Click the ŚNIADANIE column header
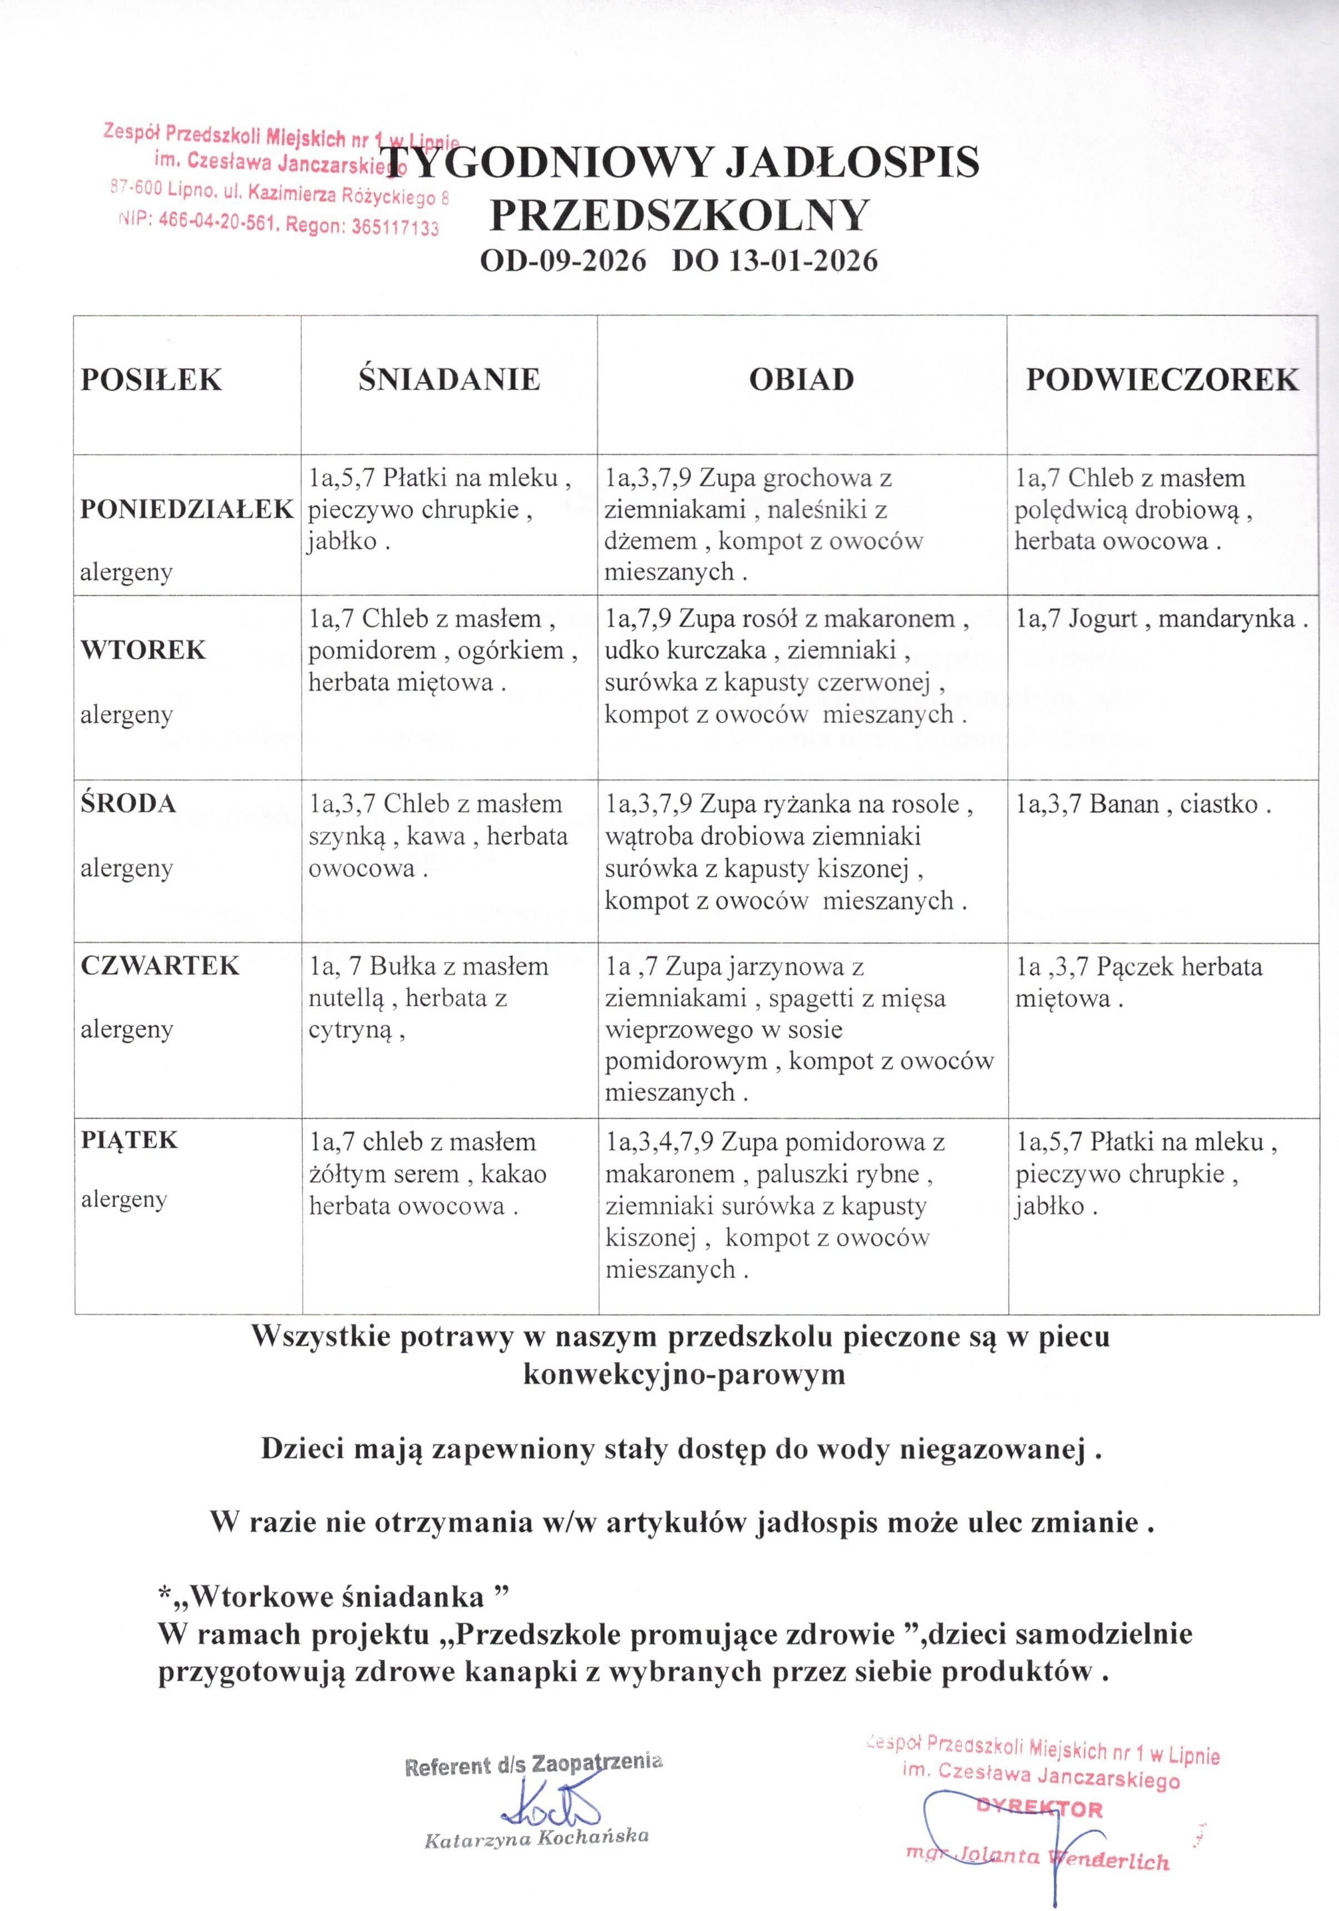(x=449, y=380)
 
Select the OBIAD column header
(x=802, y=380)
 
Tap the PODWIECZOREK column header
(x=1162, y=380)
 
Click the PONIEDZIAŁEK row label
(x=187, y=509)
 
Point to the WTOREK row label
(x=142, y=649)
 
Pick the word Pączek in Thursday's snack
(x=1129, y=966)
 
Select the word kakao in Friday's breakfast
(x=514, y=1174)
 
